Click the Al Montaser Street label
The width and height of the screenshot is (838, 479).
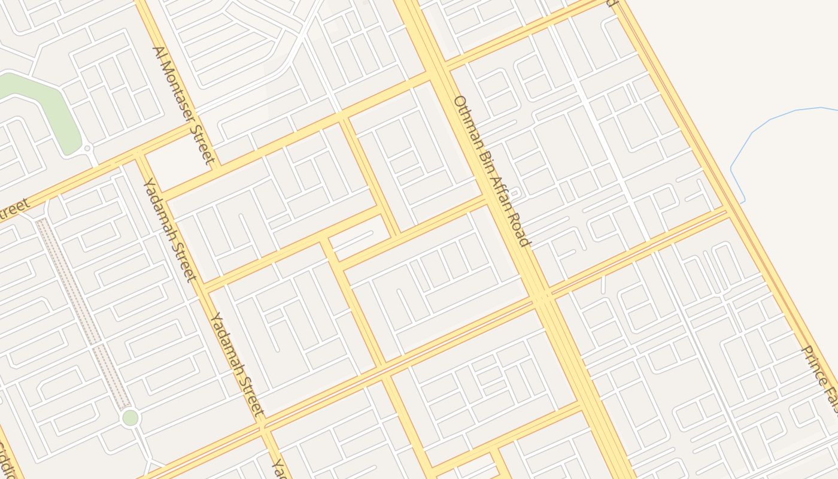[x=184, y=105]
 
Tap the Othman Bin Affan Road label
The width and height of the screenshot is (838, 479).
[x=491, y=171]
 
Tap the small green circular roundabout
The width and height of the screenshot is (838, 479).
[x=130, y=417]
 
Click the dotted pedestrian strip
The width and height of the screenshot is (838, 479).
[x=84, y=311]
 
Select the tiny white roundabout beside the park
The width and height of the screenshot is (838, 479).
[x=87, y=148]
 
